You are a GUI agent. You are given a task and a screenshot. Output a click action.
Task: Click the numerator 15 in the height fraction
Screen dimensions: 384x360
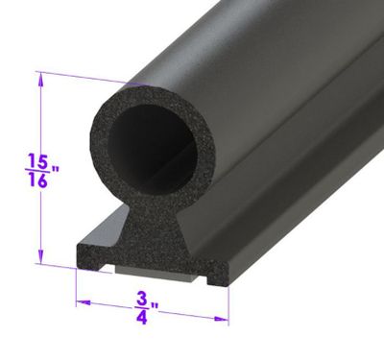pos(38,160)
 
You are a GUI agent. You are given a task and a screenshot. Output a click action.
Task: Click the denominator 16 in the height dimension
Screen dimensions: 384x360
pos(38,180)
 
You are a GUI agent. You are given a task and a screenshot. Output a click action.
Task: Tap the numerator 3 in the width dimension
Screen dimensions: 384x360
pos(142,299)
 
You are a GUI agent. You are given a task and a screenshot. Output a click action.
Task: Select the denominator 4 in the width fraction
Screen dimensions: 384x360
pos(142,318)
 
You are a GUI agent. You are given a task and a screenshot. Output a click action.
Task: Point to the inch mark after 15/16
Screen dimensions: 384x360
pos(55,170)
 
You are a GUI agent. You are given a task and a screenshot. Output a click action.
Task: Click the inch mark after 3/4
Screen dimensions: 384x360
pos(155,307)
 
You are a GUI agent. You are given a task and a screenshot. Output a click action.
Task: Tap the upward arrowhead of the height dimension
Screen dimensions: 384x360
pos(40,81)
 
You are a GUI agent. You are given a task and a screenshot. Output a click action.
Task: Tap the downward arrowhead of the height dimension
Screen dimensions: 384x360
pos(40,255)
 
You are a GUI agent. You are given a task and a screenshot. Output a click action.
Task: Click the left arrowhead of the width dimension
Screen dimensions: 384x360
pos(84,302)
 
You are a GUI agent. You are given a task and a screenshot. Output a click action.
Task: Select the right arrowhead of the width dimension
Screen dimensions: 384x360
pos(222,319)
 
